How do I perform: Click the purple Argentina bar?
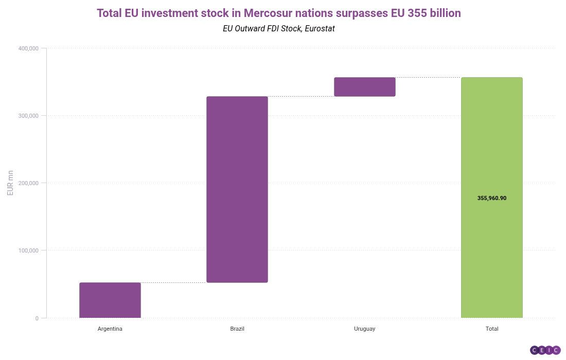point(110,300)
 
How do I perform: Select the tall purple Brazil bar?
point(237,189)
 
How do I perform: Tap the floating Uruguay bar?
point(365,87)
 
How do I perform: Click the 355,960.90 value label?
point(492,198)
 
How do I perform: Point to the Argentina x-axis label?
point(110,329)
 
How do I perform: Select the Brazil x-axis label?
point(237,329)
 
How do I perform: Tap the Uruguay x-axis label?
point(365,329)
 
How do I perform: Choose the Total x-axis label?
point(492,329)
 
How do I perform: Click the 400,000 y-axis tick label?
point(28,48)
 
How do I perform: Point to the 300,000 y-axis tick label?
point(28,116)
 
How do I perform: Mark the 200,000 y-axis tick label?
point(28,183)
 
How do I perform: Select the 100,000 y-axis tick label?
point(28,250)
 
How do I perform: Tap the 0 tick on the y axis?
point(37,318)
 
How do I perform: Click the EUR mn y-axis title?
point(10,183)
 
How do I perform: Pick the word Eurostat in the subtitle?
point(320,29)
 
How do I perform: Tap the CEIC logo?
point(545,350)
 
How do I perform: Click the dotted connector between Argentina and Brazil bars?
point(173,282)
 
